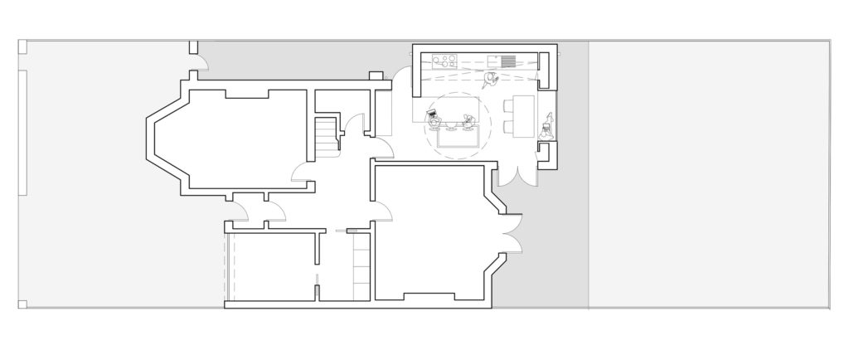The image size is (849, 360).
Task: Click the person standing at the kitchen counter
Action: (x=491, y=80)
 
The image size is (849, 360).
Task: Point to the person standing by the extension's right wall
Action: (x=547, y=129)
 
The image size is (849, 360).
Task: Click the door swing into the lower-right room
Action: (x=381, y=212)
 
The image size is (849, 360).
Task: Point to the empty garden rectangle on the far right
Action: (x=708, y=174)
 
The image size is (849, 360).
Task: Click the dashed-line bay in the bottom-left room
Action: (x=230, y=270)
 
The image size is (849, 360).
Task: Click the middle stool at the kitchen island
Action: (x=452, y=127)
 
